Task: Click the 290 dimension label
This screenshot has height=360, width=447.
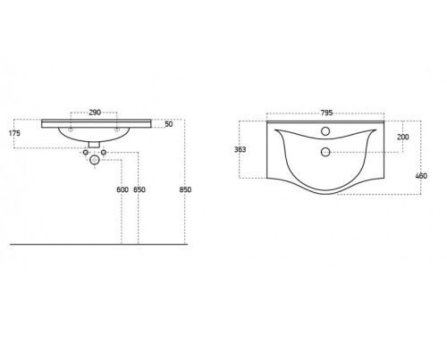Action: coord(95,113)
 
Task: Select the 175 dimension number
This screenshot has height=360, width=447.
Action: coord(14,133)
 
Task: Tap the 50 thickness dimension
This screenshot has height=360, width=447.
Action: coord(169,124)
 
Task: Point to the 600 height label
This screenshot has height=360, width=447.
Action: coord(122,189)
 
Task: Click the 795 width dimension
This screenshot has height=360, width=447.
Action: coord(326,113)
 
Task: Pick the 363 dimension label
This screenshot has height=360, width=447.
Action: coord(240,149)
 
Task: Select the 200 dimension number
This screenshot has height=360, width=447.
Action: coord(403,137)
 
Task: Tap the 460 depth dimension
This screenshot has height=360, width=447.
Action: coord(421,176)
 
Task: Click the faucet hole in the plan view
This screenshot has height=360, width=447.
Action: coord(325,131)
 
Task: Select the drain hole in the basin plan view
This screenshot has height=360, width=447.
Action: coord(325,152)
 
